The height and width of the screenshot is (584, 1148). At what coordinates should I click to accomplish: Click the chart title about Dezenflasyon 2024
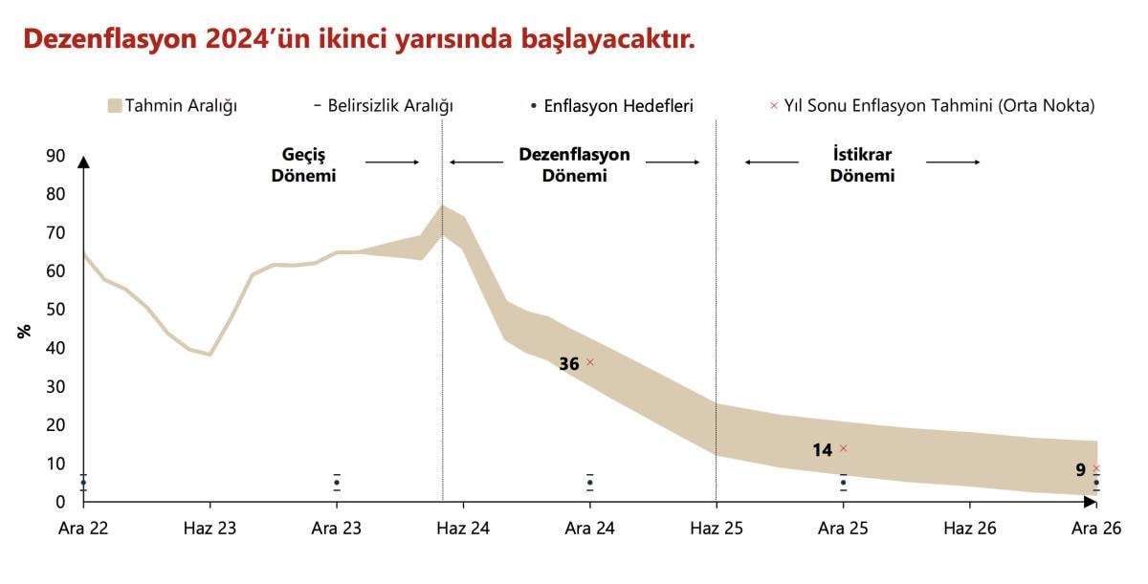coord(359,39)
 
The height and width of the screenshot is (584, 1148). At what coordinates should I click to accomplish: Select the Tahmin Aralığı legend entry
coord(172,105)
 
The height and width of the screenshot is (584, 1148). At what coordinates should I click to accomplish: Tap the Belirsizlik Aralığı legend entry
coord(383,105)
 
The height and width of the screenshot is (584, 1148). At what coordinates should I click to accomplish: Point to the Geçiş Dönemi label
coord(309,164)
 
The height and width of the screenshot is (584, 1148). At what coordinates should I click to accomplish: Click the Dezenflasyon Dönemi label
coord(574,164)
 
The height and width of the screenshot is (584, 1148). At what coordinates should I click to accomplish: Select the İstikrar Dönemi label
coord(862,164)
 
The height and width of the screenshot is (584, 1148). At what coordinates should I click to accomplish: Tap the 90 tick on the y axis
coord(55,156)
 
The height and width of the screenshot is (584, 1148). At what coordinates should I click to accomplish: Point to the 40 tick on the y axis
coord(55,349)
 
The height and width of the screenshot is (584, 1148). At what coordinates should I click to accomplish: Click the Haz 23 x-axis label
coord(210,527)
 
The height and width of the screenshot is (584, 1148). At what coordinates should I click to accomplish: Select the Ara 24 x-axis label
coord(590,527)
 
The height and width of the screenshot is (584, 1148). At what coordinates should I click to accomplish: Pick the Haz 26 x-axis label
coord(971,527)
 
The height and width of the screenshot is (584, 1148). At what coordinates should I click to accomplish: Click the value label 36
coord(569,363)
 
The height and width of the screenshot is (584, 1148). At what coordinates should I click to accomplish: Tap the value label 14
coord(823,449)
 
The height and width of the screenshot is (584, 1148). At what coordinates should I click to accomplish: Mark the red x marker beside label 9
coord(1096,468)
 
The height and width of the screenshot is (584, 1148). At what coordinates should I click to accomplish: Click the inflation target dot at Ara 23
coord(337,483)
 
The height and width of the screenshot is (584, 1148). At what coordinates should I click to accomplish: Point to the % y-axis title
coord(25,331)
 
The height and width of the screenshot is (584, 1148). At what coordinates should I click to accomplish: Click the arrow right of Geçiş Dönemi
coord(392,162)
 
